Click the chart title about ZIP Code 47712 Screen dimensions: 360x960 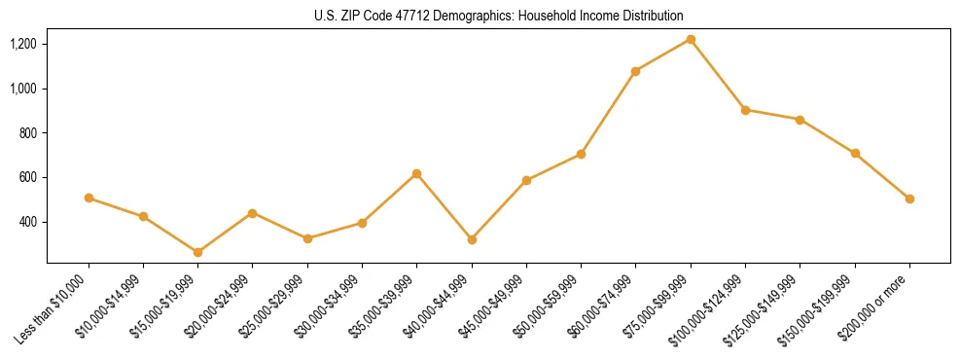[x=499, y=16]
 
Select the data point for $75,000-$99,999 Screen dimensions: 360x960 [x=691, y=40]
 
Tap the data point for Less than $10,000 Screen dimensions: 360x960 [x=89, y=198]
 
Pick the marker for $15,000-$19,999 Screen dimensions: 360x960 [x=198, y=252]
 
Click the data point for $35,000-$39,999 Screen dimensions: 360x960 [x=416, y=173]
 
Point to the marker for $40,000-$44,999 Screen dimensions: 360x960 [x=472, y=239]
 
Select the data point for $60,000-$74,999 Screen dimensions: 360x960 [x=635, y=71]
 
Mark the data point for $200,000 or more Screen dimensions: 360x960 [x=909, y=198]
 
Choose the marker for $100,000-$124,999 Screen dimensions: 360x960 [x=745, y=110]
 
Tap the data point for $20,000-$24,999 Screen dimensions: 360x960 [x=253, y=213]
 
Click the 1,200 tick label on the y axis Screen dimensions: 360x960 [x=23, y=44]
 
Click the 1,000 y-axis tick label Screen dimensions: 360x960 [x=23, y=89]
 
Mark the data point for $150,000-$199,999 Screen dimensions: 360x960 [x=855, y=153]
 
